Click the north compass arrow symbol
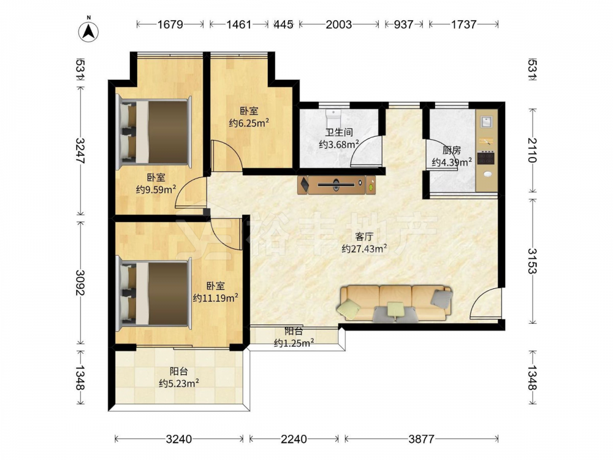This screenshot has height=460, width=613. pos(89,31)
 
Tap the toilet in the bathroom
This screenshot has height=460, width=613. pos(333,116)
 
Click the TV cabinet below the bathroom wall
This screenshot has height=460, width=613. pos(336,185)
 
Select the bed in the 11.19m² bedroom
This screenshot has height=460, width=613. pos(154,293)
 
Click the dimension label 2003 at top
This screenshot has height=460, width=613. pos(339,25)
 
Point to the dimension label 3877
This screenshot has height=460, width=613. pos(422,439)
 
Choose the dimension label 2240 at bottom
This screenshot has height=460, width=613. pos(294,439)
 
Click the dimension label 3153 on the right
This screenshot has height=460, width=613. pos(533,261)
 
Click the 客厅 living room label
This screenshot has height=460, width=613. pos(364,237)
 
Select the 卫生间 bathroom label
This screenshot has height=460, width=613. pos(339,132)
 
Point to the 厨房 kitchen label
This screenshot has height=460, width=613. pos(452,150)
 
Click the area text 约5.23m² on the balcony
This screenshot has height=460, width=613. pos(179,383)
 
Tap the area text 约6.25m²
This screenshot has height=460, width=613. pos(249,123)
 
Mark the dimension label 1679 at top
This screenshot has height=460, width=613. pos(170,25)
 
